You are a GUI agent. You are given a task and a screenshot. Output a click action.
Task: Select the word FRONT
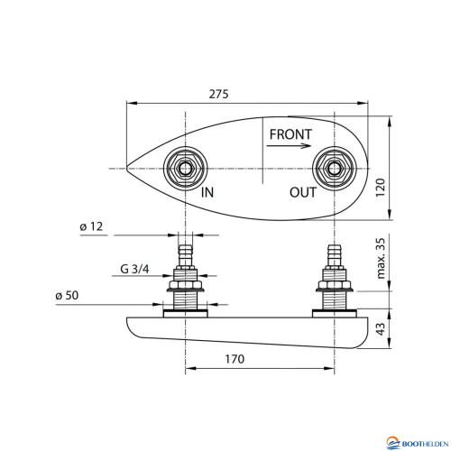click(290, 135)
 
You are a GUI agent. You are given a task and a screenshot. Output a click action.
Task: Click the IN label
click(207, 192)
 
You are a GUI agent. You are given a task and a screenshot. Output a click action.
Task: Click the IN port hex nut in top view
click(185, 168)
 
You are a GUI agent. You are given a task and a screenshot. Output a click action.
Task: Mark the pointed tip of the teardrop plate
click(126, 168)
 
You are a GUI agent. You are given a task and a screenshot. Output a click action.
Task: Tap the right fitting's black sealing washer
click(336, 313)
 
